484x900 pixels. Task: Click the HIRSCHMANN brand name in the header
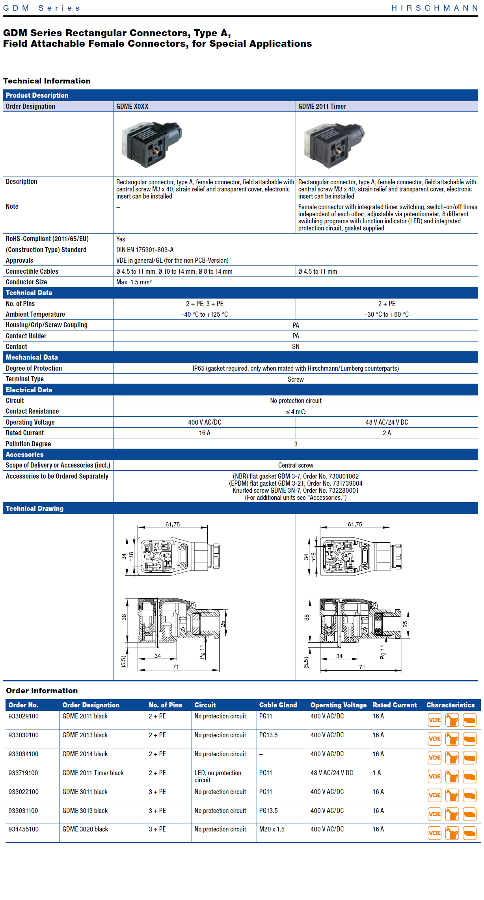click(x=434, y=8)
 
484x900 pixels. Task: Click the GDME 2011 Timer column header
click(x=322, y=106)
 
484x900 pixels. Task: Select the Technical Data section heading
click(x=29, y=293)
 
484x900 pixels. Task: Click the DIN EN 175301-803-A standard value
click(x=145, y=250)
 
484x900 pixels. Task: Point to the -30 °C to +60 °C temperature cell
click(x=386, y=314)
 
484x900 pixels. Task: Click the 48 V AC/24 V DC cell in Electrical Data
click(x=386, y=422)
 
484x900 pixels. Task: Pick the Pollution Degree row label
click(x=28, y=444)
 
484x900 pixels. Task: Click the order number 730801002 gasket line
click(x=296, y=476)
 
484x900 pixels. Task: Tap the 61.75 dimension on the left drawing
click(x=173, y=524)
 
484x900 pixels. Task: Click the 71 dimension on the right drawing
click(x=362, y=667)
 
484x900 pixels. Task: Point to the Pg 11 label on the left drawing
click(x=202, y=652)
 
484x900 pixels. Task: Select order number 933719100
click(x=23, y=773)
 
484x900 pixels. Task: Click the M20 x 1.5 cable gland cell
click(x=272, y=829)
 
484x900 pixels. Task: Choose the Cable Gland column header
click(x=278, y=705)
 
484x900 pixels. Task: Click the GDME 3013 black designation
click(x=85, y=811)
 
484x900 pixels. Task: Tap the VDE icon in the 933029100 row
click(x=434, y=720)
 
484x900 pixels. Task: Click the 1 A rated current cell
click(x=377, y=773)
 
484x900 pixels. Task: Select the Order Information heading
click(x=42, y=690)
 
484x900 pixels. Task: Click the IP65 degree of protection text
click(x=296, y=368)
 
